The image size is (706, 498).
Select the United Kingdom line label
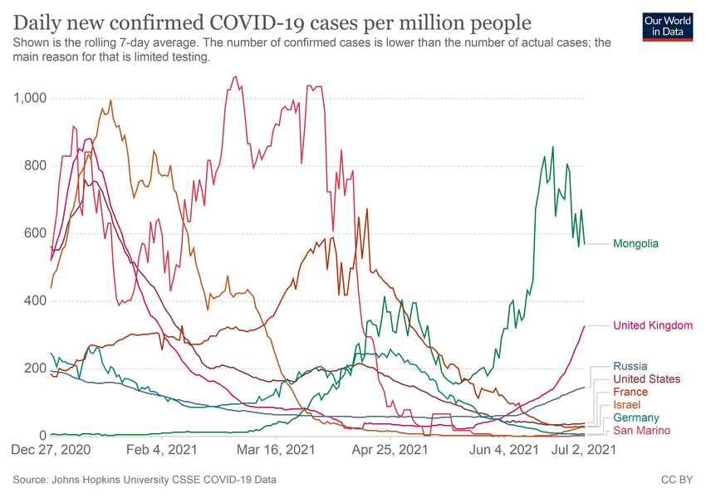652,326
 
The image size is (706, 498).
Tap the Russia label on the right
630,366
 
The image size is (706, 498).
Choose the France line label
630,392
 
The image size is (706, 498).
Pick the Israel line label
627,405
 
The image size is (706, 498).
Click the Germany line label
635,417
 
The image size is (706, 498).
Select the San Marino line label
641,431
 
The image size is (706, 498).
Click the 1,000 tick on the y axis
30,99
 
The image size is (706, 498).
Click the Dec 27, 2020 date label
51,451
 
